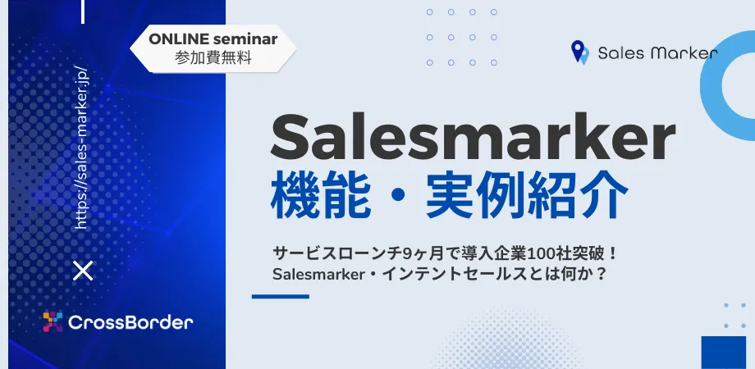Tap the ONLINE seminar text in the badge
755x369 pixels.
(x=213, y=39)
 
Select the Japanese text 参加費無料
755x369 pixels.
(x=213, y=59)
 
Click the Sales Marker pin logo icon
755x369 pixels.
(x=579, y=52)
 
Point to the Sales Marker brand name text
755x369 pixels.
(x=657, y=53)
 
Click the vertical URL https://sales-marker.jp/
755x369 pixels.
(x=82, y=147)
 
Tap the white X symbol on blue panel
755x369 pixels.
(x=83, y=271)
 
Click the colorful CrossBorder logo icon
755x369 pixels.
(x=53, y=321)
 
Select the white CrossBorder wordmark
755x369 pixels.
(x=130, y=322)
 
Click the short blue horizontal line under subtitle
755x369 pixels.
(x=280, y=296)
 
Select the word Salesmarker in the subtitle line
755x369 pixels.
(x=317, y=275)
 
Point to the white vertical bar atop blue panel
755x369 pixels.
(x=83, y=11)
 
